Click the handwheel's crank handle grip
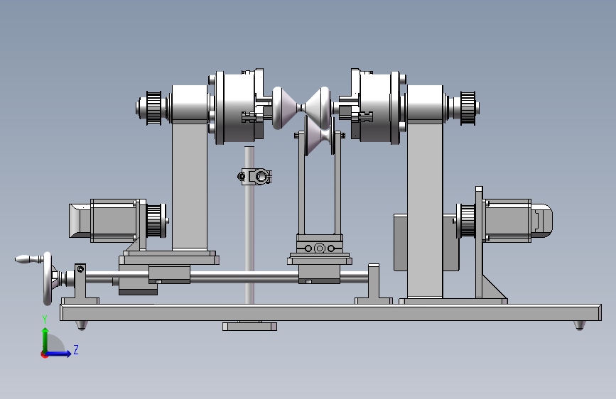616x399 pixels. [x=29, y=259]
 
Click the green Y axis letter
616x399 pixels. [x=45, y=319]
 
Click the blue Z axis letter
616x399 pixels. [x=76, y=349]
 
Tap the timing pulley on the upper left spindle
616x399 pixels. [x=153, y=108]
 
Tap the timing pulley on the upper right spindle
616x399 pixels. [x=468, y=108]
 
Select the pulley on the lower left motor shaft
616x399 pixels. [x=155, y=220]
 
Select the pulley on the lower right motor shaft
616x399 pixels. [x=467, y=220]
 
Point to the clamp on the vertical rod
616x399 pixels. [x=255, y=177]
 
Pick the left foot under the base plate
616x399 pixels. [x=81, y=325]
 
